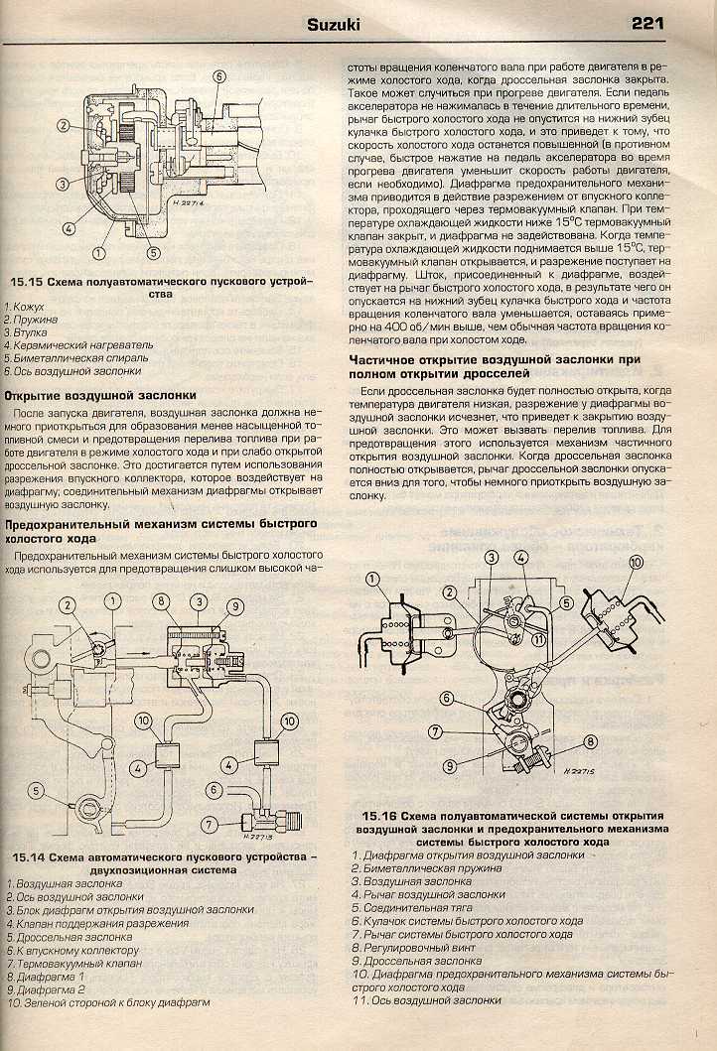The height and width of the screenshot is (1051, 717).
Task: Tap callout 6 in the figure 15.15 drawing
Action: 219,76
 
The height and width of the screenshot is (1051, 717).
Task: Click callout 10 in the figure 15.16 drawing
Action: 637,563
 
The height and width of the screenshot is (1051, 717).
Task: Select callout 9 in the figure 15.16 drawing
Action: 450,764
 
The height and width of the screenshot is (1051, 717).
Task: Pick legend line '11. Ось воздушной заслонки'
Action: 427,1000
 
